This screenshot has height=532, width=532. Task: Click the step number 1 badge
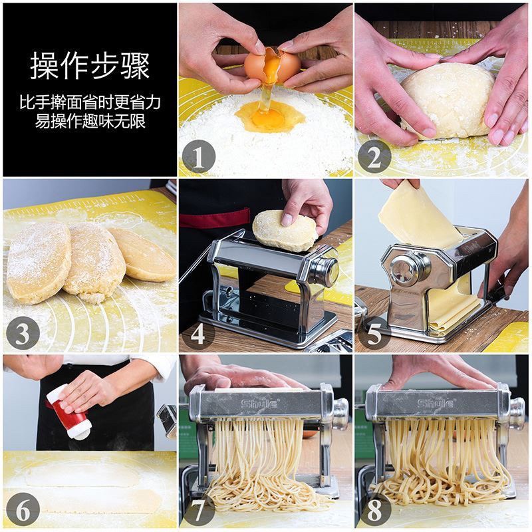199,156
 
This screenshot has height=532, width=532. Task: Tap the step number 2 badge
374,156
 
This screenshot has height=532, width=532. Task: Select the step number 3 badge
23,333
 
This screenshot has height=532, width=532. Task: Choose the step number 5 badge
374,333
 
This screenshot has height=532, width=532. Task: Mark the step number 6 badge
23,509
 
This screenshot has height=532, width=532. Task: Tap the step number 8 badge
374,509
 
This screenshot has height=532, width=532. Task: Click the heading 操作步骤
90,66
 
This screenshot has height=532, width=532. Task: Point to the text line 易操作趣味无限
90,121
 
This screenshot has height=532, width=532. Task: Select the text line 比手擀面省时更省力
90,102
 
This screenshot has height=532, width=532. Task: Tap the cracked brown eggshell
272,65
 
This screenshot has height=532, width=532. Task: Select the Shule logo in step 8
436,404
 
